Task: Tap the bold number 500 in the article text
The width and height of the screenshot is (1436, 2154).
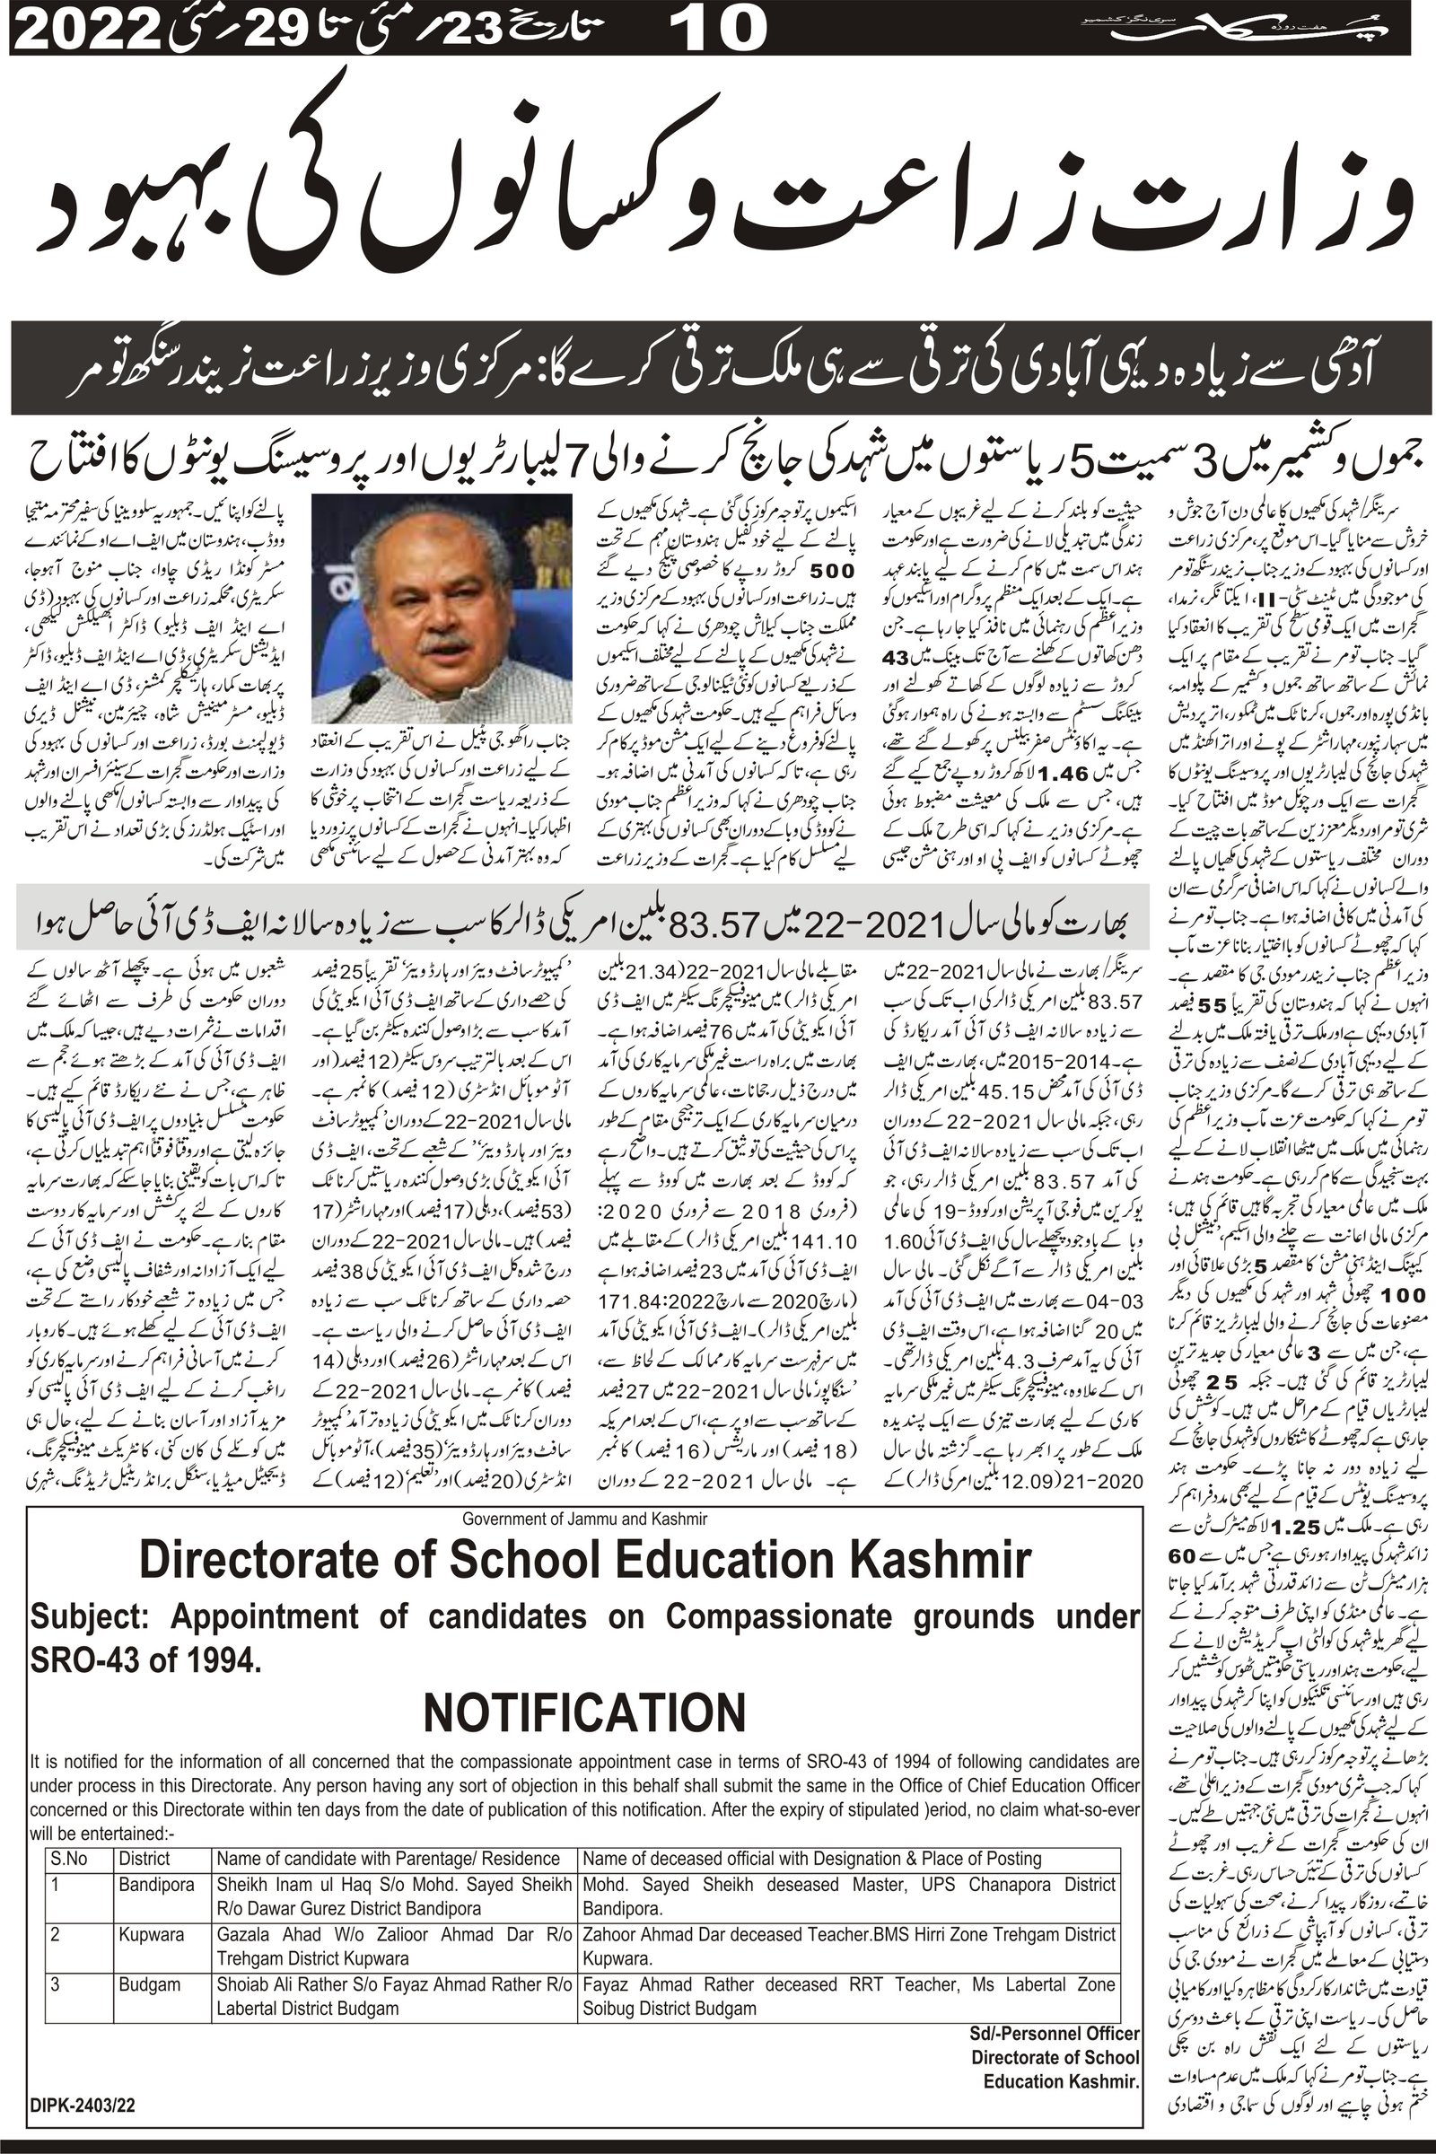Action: (832, 570)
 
